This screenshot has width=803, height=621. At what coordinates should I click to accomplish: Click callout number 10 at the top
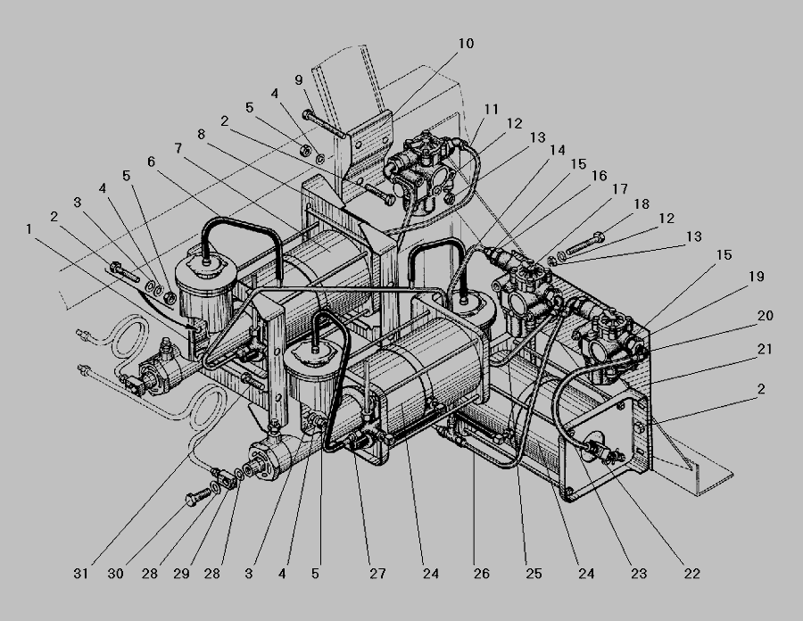[x=466, y=44]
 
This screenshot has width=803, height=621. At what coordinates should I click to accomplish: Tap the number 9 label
[x=299, y=80]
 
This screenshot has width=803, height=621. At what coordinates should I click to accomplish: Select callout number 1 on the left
[x=29, y=228]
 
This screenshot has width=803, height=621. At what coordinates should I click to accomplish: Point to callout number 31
[x=81, y=574]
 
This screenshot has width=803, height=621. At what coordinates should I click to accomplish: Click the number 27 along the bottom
[x=378, y=574]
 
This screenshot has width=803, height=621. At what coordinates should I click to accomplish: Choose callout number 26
[x=482, y=574]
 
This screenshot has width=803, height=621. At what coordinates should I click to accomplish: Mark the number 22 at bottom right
[x=691, y=574]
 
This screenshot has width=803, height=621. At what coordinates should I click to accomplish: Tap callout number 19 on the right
[x=757, y=277]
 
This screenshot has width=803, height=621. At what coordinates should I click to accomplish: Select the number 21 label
[x=765, y=349]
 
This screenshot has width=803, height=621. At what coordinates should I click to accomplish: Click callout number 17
[x=620, y=189]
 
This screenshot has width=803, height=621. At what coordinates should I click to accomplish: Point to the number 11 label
[x=491, y=109]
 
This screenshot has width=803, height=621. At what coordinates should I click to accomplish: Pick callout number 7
[x=178, y=148]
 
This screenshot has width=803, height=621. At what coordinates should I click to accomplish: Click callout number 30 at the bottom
[x=116, y=574]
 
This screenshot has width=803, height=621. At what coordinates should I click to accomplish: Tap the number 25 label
[x=534, y=574]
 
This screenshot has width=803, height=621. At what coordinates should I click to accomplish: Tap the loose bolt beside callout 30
[x=197, y=496]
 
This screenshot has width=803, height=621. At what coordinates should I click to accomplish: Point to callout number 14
[x=557, y=151]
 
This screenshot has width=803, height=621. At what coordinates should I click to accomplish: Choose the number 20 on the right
[x=766, y=316]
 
